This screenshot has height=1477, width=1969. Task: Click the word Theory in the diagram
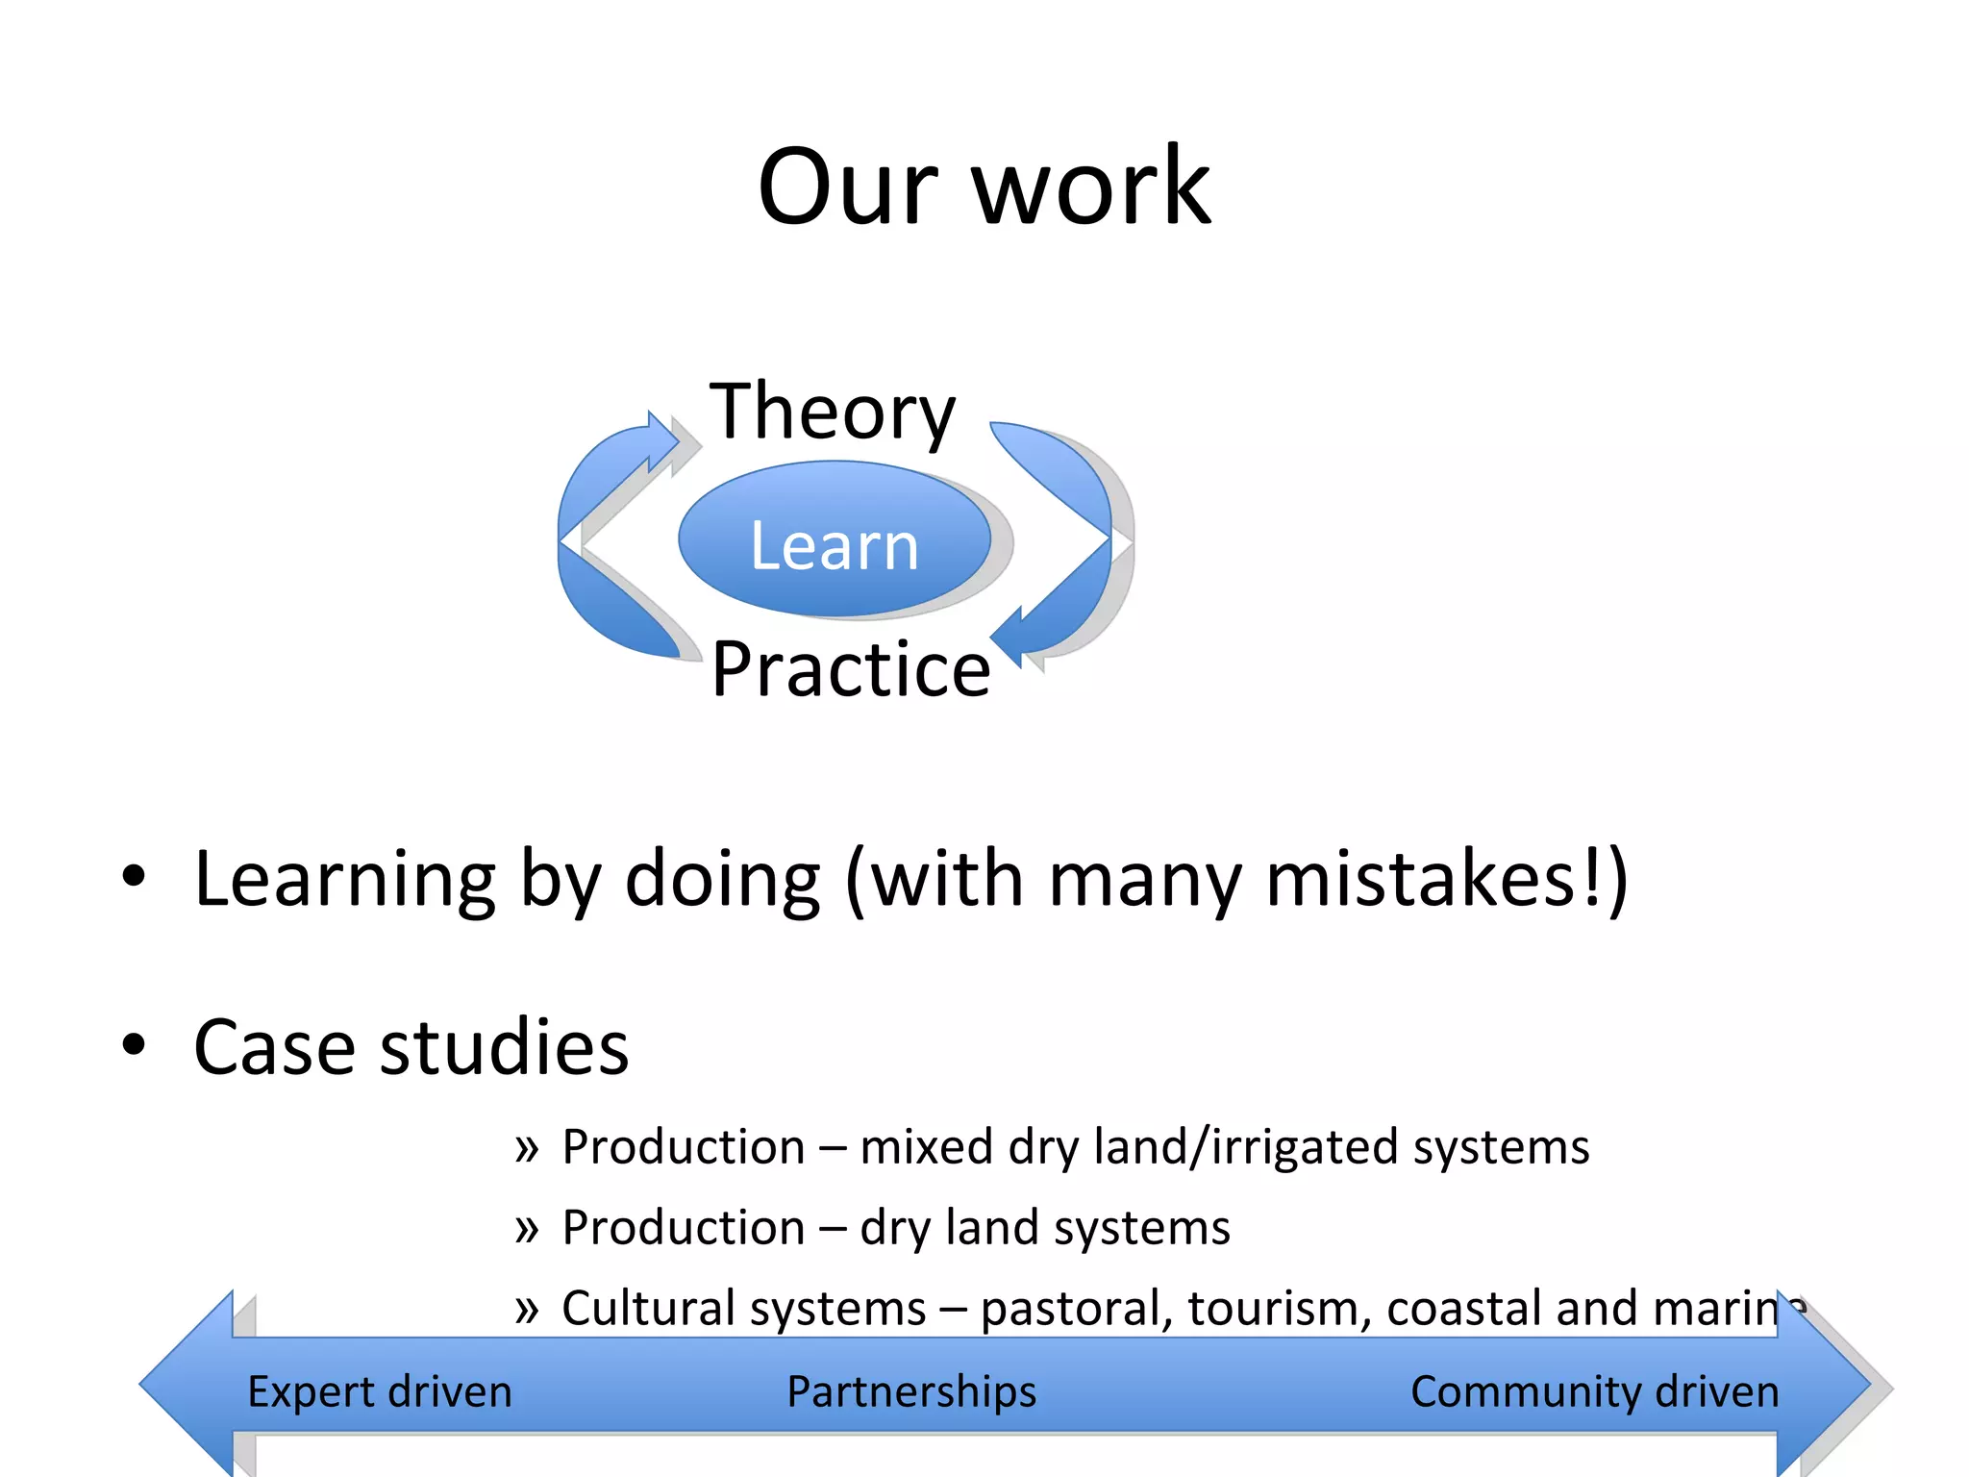tap(833, 412)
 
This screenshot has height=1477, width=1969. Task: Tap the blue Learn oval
tap(835, 541)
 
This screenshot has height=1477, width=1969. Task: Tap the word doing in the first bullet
tap(722, 878)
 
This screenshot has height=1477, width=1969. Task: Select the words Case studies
tap(411, 1046)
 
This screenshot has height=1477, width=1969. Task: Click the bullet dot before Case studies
tap(134, 1045)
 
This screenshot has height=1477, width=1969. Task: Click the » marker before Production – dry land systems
tap(526, 1228)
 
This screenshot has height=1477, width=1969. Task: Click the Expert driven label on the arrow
tap(380, 1391)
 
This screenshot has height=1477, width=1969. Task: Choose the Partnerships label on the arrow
tap(911, 1391)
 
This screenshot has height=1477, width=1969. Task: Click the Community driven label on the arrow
tap(1594, 1391)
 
